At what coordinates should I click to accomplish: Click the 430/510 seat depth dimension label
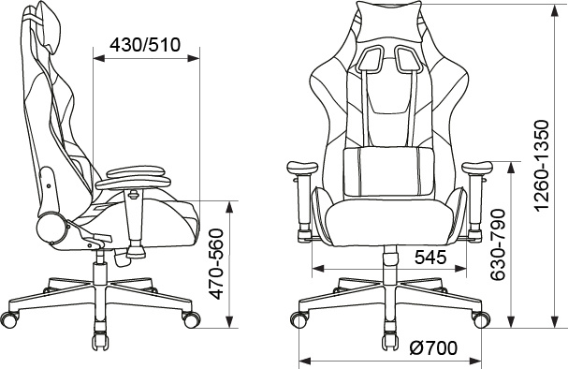click(145, 45)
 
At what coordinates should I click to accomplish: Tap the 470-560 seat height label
click(217, 264)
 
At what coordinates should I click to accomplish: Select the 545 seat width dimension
click(430, 258)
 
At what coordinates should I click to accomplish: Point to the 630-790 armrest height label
click(498, 244)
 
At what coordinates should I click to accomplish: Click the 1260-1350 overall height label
click(543, 166)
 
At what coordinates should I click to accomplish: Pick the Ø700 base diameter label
click(433, 348)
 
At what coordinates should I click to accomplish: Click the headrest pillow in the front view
click(389, 22)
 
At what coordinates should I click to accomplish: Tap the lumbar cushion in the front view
click(389, 172)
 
